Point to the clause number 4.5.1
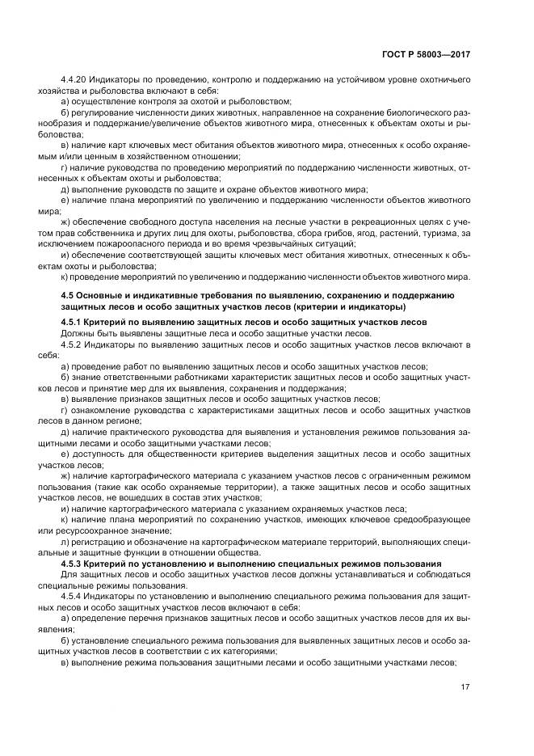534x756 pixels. click(x=74, y=322)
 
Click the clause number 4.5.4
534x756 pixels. click(x=74, y=595)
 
